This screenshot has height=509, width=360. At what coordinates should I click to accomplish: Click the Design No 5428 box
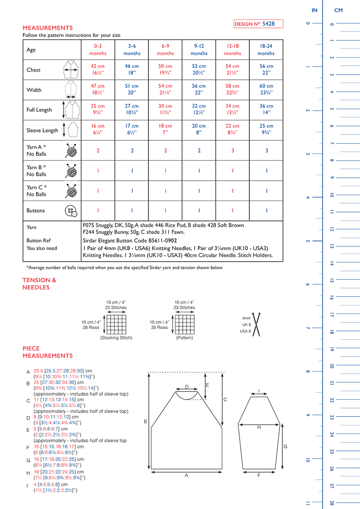click(x=258, y=24)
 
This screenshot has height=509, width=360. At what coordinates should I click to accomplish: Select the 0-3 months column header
click(x=98, y=50)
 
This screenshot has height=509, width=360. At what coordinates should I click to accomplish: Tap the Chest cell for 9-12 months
click(x=199, y=70)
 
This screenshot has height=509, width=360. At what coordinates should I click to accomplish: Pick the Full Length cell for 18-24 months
click(x=266, y=109)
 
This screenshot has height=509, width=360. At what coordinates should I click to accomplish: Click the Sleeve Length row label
click(x=42, y=130)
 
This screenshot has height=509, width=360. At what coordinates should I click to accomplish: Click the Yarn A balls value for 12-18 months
click(x=232, y=151)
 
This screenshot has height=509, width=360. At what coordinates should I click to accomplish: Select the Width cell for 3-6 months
click(x=132, y=89)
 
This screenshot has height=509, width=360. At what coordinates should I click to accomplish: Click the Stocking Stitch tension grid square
click(x=117, y=324)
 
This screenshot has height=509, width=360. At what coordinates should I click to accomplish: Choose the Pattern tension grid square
click(x=184, y=324)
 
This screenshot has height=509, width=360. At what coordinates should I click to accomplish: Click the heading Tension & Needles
click(x=39, y=284)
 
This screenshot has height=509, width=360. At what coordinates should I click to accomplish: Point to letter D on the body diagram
click(x=187, y=387)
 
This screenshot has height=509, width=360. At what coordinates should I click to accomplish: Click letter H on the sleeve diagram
click(x=259, y=428)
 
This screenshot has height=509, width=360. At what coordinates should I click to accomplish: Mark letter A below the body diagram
click(x=187, y=475)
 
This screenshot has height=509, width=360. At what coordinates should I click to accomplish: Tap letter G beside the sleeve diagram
click(x=285, y=447)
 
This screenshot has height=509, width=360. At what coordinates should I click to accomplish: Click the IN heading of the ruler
click(x=314, y=10)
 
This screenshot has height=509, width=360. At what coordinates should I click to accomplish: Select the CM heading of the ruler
click(x=338, y=10)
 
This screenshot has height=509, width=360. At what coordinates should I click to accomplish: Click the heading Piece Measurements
click(x=47, y=352)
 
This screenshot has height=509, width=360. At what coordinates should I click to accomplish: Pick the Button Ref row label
click(x=39, y=240)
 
